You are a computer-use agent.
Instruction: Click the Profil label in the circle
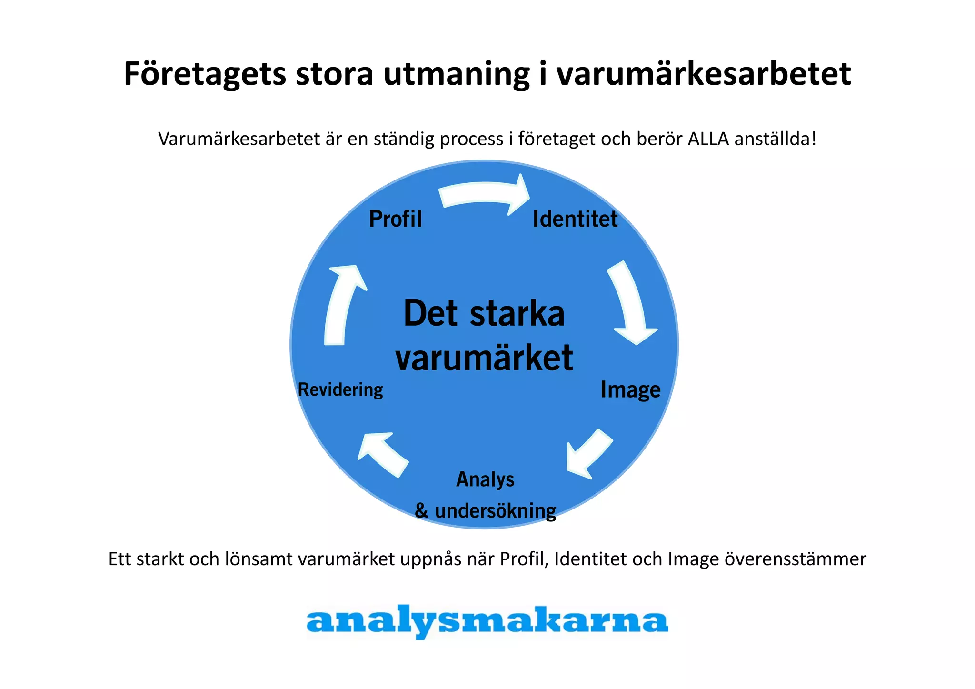395,219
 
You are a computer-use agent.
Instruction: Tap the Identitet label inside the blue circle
575,219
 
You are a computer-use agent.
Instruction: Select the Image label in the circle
630,389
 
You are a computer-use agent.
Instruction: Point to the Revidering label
340,389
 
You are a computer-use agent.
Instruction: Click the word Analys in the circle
485,479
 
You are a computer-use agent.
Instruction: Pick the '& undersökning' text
485,511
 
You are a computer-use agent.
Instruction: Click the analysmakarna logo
487,621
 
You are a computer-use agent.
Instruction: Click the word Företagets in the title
205,74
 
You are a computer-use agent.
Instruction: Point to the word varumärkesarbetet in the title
704,74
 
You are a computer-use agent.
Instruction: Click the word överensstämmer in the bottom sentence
795,559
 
